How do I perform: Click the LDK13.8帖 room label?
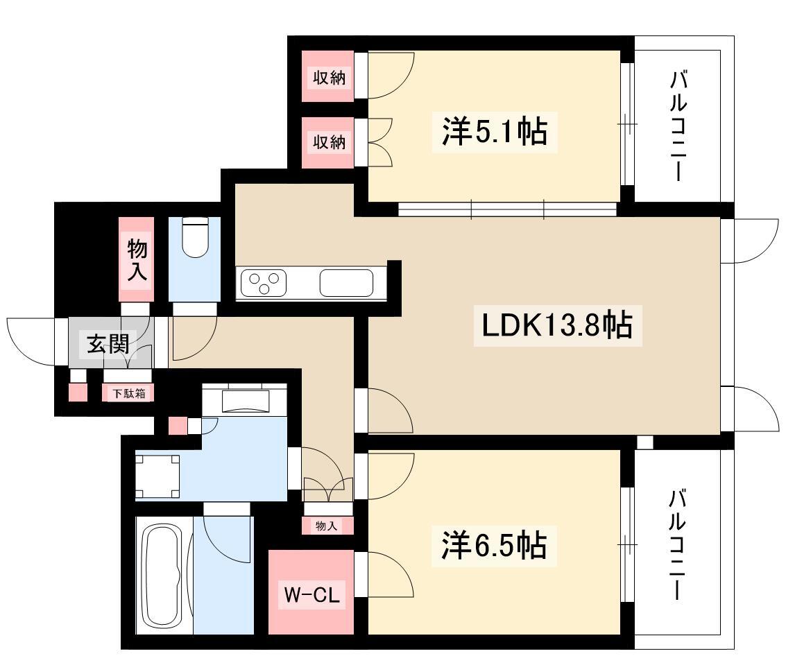(x=557, y=325)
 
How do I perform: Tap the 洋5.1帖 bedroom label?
(x=494, y=131)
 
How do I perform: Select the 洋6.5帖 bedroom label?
(x=494, y=545)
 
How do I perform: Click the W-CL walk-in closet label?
(x=311, y=595)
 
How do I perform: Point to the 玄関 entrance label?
(x=108, y=344)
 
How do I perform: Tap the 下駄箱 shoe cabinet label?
(x=128, y=393)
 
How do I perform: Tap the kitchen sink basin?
(x=346, y=283)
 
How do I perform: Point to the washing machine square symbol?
(x=157, y=476)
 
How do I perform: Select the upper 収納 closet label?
(x=329, y=78)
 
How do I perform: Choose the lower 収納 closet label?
(x=329, y=142)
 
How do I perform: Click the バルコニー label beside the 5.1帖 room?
(x=678, y=126)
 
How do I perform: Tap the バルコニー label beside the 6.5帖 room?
(x=678, y=545)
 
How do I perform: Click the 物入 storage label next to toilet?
(x=137, y=259)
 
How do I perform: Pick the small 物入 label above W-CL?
(x=326, y=526)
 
